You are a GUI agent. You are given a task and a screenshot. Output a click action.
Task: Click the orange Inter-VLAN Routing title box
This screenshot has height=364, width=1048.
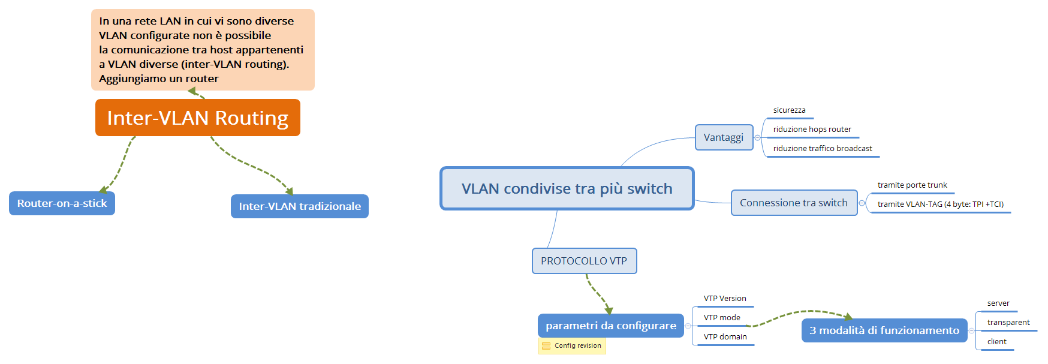pos(198,118)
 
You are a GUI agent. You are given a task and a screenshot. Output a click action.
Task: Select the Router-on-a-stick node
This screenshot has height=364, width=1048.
pos(62,203)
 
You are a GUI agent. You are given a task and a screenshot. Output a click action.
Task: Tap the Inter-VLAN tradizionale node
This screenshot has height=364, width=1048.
pos(300,206)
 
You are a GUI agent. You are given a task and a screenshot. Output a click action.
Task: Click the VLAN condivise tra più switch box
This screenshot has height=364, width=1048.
pos(567,188)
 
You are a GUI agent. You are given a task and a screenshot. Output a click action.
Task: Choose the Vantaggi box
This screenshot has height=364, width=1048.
pos(724,137)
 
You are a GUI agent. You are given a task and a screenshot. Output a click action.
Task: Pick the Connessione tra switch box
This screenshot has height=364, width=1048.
pos(794,203)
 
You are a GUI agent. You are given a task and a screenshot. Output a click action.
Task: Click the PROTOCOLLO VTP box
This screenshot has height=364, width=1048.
pos(584,261)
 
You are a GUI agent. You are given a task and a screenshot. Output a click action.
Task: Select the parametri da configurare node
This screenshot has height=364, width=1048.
pos(611,326)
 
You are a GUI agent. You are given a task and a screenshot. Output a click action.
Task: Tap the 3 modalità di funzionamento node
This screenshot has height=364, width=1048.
pos(884,330)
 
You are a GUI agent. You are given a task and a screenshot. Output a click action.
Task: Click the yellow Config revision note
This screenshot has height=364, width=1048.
pos(572,346)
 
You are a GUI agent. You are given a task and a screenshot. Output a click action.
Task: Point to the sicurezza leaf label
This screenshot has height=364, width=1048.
pos(789,110)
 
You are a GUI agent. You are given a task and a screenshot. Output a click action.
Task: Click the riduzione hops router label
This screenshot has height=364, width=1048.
pos(812,130)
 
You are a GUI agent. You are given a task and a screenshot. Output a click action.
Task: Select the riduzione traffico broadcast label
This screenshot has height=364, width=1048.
pos(823,149)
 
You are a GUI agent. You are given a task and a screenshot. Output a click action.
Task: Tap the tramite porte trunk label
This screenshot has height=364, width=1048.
pos(913,185)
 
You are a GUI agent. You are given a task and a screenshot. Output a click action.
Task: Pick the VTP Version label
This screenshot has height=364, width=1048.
pos(725,299)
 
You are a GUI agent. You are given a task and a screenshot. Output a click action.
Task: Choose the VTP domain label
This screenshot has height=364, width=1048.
pos(725,337)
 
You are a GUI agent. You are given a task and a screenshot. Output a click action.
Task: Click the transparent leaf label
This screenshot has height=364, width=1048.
pos(1008,323)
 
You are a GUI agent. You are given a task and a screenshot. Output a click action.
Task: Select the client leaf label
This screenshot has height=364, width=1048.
pos(997,342)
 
